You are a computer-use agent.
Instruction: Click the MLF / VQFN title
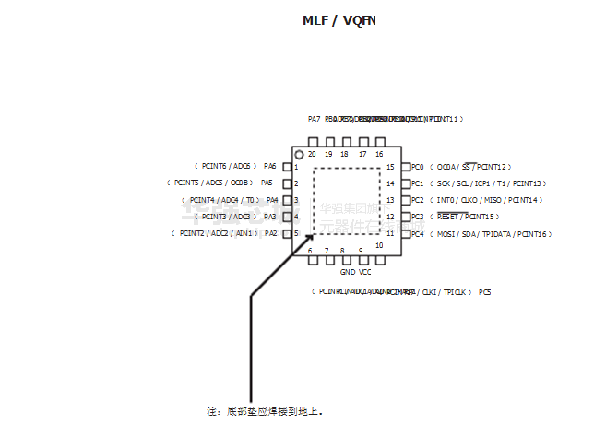[x=339, y=20]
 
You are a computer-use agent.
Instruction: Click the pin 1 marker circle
[x=299, y=154]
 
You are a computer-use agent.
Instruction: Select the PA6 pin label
[x=270, y=167]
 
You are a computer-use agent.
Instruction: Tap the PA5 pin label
[x=267, y=183]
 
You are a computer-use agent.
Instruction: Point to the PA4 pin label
[x=272, y=200]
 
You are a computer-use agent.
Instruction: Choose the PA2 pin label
[x=270, y=234]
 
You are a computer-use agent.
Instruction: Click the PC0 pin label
[x=417, y=167]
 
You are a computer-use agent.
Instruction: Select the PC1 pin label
[x=417, y=183]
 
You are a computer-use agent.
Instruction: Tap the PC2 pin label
[x=417, y=200]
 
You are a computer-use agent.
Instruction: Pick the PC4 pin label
[x=417, y=234]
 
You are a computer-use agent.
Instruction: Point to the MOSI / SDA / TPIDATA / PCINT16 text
[x=491, y=234]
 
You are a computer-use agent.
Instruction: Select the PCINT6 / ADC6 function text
[x=225, y=167]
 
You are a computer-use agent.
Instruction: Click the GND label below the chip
[x=347, y=273]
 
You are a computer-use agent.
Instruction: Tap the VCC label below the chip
[x=365, y=273]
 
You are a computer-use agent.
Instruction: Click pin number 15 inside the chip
[x=391, y=167]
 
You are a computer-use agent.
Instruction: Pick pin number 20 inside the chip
[x=312, y=154]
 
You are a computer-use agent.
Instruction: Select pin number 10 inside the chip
[x=379, y=245]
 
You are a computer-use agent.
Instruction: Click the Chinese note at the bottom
[x=265, y=411]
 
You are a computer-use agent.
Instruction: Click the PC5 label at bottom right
[x=485, y=292]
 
